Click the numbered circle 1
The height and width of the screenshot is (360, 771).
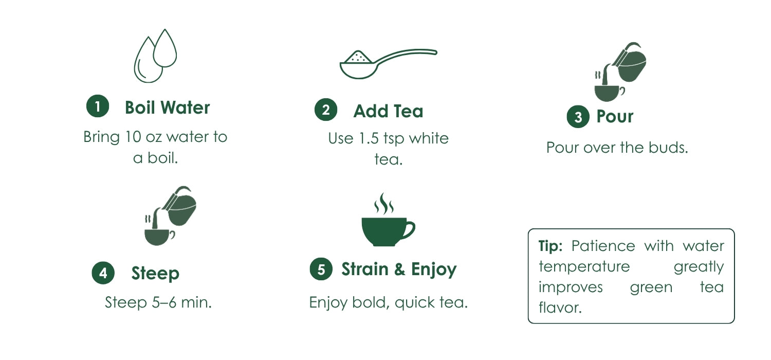click(98, 106)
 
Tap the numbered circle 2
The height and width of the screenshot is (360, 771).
click(326, 110)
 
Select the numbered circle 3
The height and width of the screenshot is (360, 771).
click(578, 117)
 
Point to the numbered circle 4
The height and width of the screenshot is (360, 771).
click(103, 273)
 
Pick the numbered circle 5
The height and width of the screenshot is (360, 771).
click(321, 269)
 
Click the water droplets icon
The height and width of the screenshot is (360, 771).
click(155, 56)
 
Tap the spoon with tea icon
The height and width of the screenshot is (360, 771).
click(388, 64)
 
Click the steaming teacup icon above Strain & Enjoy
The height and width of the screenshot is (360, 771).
click(388, 220)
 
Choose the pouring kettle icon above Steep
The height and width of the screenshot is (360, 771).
click(170, 215)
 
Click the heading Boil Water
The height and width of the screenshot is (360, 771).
click(167, 107)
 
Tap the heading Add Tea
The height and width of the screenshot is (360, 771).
click(388, 111)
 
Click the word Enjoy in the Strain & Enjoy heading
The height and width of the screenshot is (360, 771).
click(434, 269)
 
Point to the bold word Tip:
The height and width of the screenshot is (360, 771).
click(550, 246)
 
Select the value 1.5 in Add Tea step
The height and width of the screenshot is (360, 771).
click(369, 138)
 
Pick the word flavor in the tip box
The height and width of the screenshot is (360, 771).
click(560, 308)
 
